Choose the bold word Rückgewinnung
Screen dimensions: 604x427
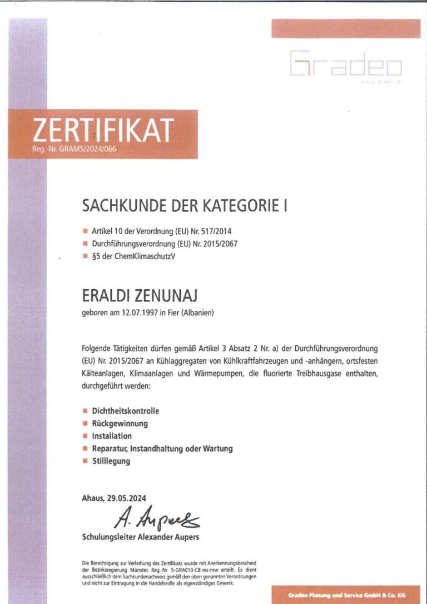coord(120,423)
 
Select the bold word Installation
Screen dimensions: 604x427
coord(112,435)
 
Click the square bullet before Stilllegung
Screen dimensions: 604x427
coord(85,461)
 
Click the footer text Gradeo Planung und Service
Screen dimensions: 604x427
coord(332,595)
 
